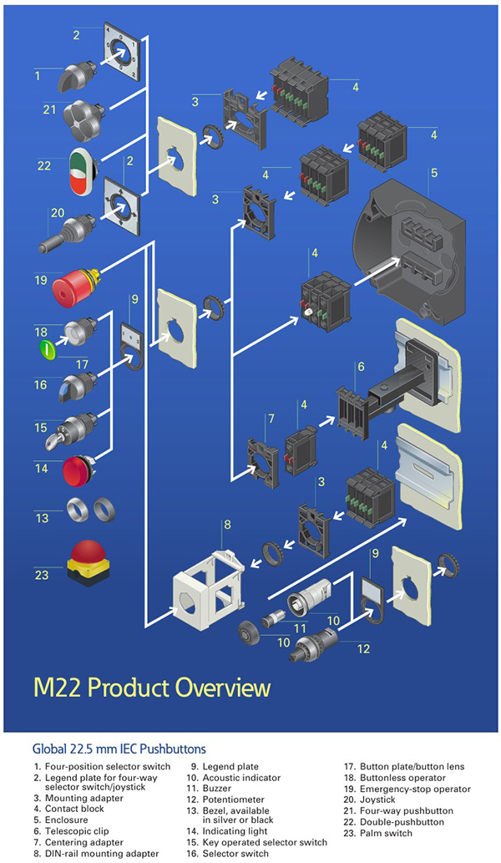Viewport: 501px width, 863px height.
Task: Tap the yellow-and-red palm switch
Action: (x=88, y=561)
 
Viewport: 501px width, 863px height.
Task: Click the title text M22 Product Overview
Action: (x=152, y=688)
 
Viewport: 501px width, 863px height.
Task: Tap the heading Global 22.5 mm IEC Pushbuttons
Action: (x=119, y=749)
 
